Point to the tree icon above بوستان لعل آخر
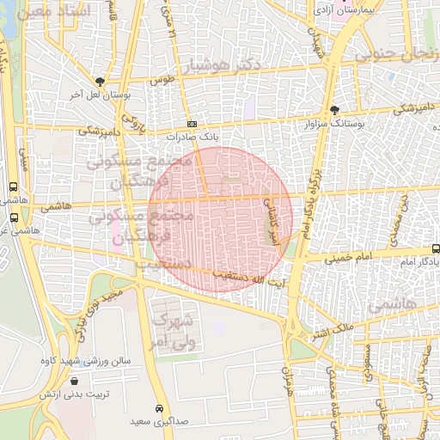pos(101,82)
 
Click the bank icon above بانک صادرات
pos(192,124)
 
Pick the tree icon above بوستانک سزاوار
pos(334,110)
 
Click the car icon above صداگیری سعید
pos(159,407)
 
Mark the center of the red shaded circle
pos(220,218)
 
